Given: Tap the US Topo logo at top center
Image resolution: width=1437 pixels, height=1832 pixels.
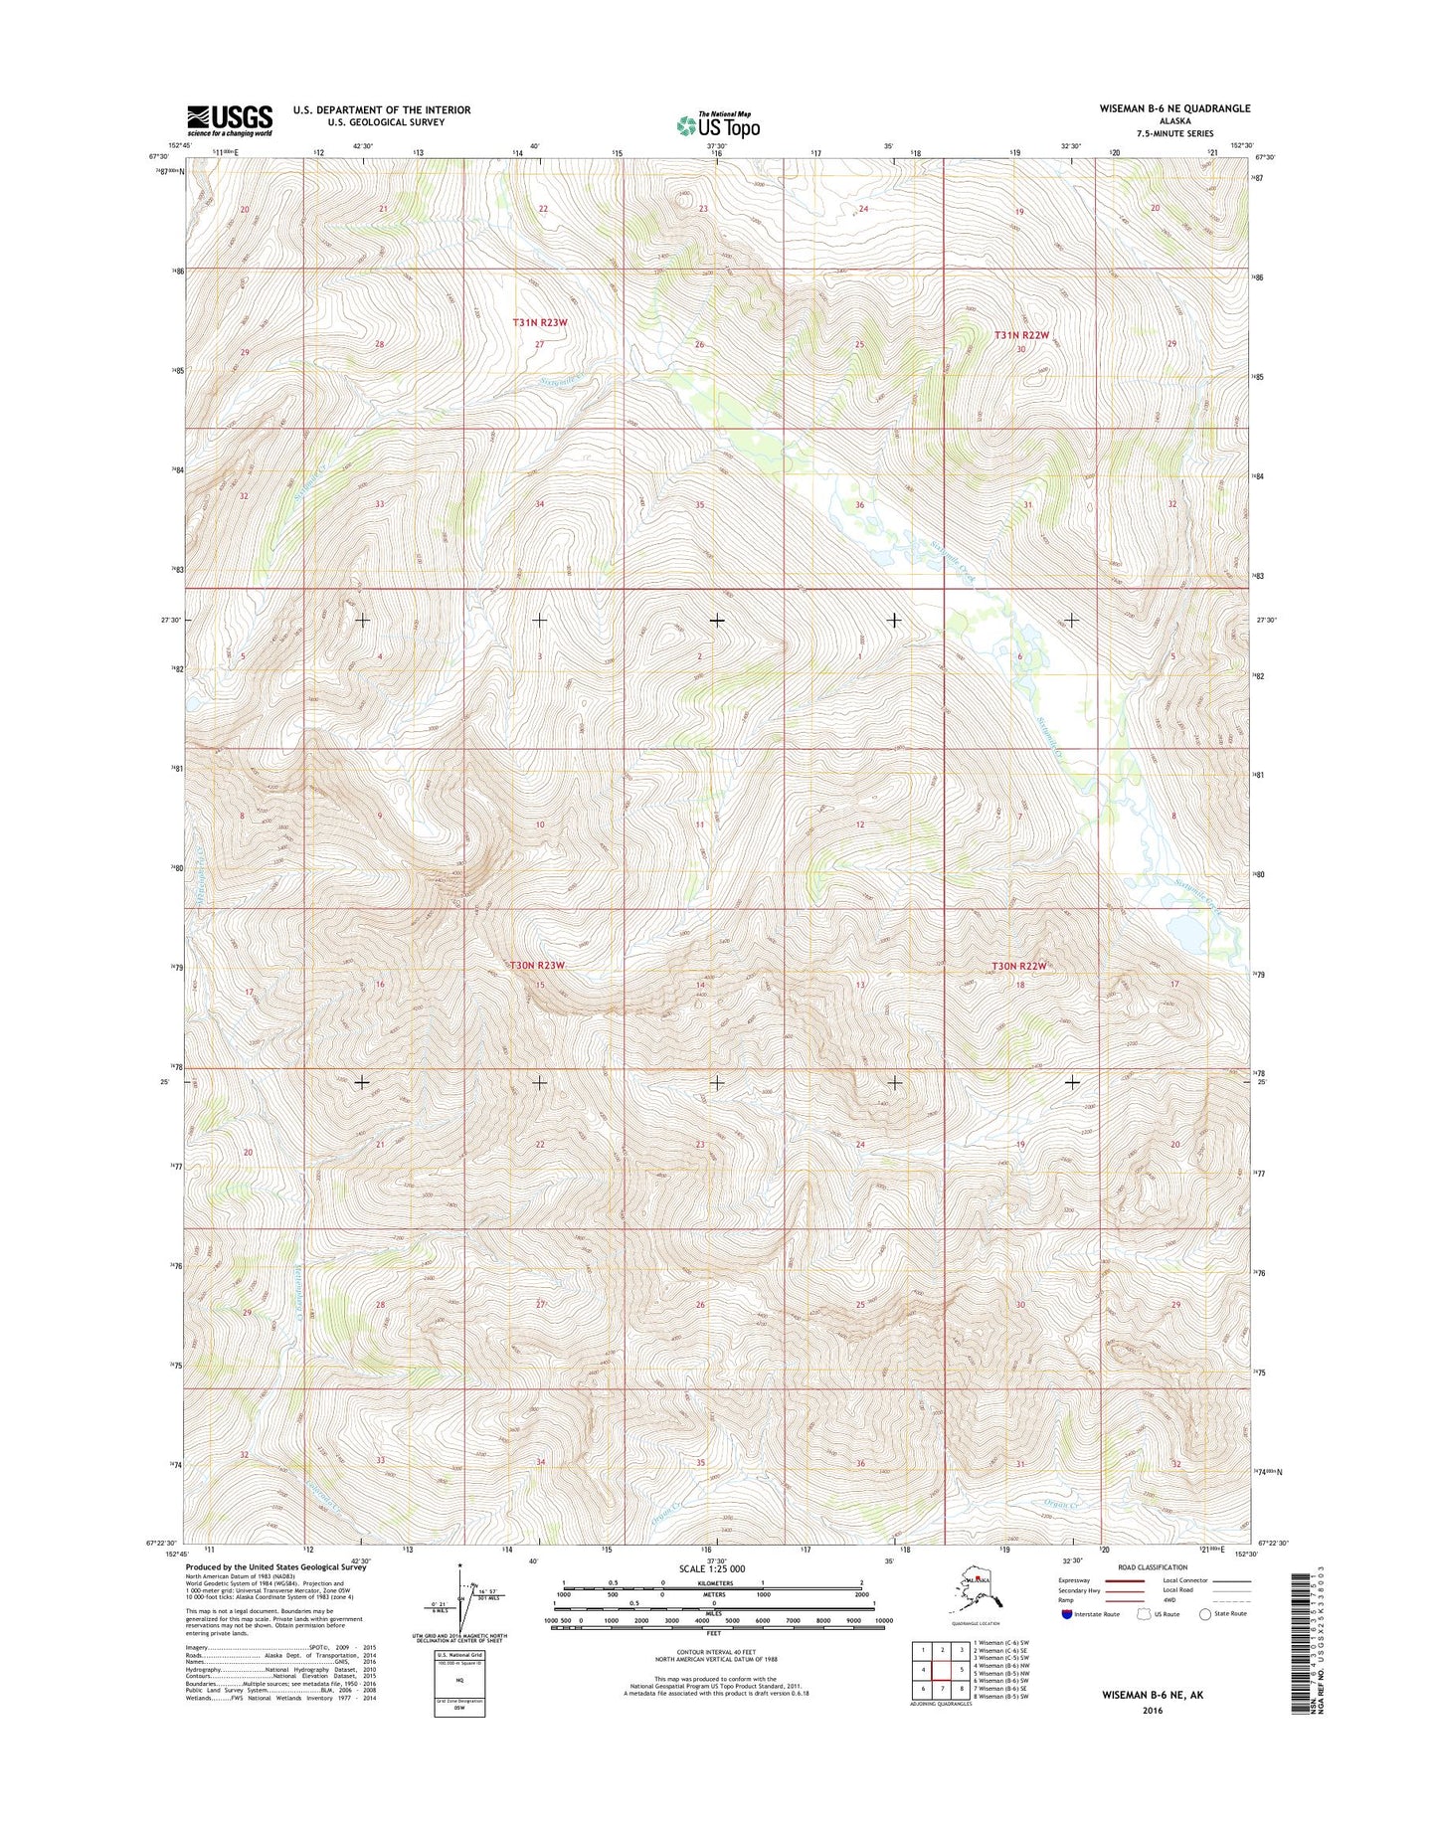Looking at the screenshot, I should [718, 125].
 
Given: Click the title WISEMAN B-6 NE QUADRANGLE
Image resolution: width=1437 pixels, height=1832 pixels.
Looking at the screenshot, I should [1173, 108].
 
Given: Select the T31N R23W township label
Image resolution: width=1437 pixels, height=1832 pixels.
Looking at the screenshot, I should [540, 322].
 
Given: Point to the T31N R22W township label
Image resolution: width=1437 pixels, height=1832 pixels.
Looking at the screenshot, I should [1021, 336].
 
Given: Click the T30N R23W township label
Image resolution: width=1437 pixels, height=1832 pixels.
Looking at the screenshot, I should [537, 965].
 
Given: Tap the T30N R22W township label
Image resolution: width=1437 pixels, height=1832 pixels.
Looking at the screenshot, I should [1019, 966].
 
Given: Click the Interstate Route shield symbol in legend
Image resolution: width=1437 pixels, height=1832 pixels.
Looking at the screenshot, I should [1067, 1614].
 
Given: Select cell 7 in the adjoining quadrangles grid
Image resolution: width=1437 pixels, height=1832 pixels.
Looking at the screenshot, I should [943, 1688].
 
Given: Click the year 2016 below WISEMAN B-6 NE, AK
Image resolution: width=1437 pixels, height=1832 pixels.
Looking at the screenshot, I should [1152, 1711].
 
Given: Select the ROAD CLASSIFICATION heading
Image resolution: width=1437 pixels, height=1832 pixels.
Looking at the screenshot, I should [1151, 1567].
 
